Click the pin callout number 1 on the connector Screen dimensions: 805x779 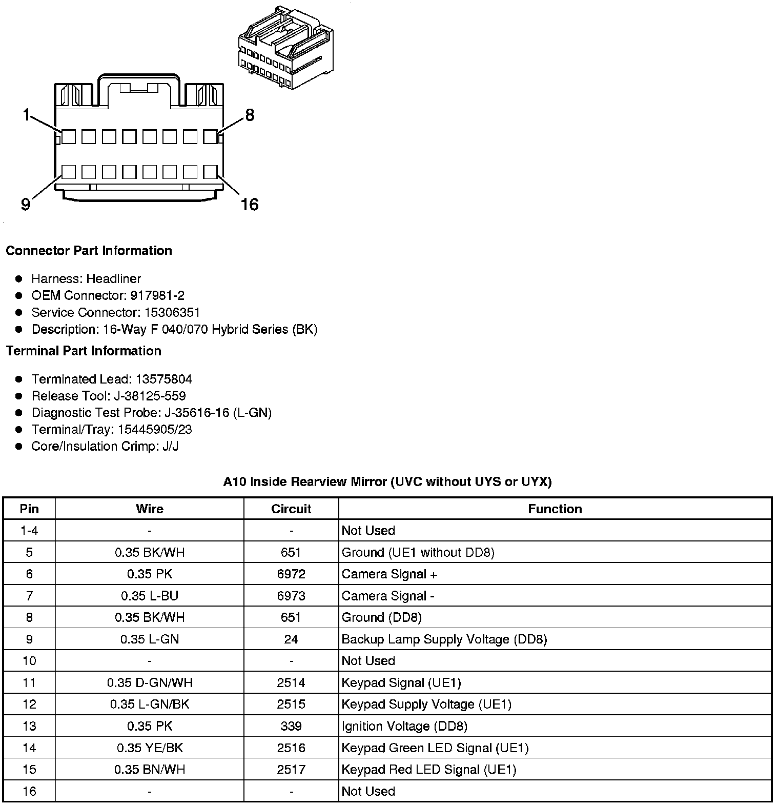tap(27, 115)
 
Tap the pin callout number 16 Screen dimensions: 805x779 tap(250, 205)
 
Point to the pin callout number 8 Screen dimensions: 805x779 tap(250, 115)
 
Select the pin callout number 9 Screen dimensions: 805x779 tap(26, 205)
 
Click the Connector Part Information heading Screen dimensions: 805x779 tap(89, 251)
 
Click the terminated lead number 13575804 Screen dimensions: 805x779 tap(163, 379)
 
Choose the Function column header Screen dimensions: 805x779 tap(555, 509)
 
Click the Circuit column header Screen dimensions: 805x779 tap(291, 509)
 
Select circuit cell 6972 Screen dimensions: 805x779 tap(291, 574)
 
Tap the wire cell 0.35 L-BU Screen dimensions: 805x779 tap(150, 596)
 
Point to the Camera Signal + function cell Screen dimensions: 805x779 tap(389, 574)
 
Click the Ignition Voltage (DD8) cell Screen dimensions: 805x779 tap(404, 726)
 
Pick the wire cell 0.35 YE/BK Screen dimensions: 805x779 tap(150, 748)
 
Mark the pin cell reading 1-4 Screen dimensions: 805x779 tap(29, 530)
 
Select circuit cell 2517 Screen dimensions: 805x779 tap(291, 769)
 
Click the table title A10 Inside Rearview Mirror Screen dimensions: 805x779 tap(387, 481)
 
